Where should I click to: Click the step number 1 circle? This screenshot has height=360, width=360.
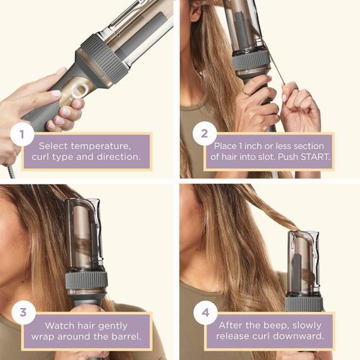tap(22, 135)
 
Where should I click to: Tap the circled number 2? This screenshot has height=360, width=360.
tap(204, 135)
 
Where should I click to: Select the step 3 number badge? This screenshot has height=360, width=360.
tap(22, 312)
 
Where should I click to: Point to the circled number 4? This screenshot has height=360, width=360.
tap(204, 313)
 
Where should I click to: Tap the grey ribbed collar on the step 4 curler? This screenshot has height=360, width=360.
tap(303, 302)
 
